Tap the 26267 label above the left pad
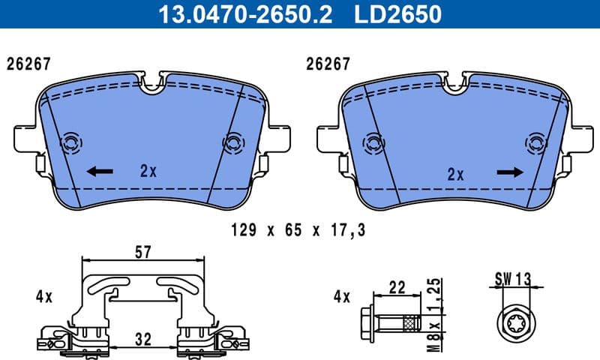[28, 64]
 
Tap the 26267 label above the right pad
[328, 64]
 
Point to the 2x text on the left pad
[148, 171]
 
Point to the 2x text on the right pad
[455, 175]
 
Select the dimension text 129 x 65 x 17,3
[298, 230]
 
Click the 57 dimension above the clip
[142, 253]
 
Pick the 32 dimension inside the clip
[142, 339]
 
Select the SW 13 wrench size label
[512, 279]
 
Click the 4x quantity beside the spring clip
[43, 296]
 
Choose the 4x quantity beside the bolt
[341, 296]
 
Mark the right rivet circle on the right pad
[535, 142]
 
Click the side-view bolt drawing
[391, 322]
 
